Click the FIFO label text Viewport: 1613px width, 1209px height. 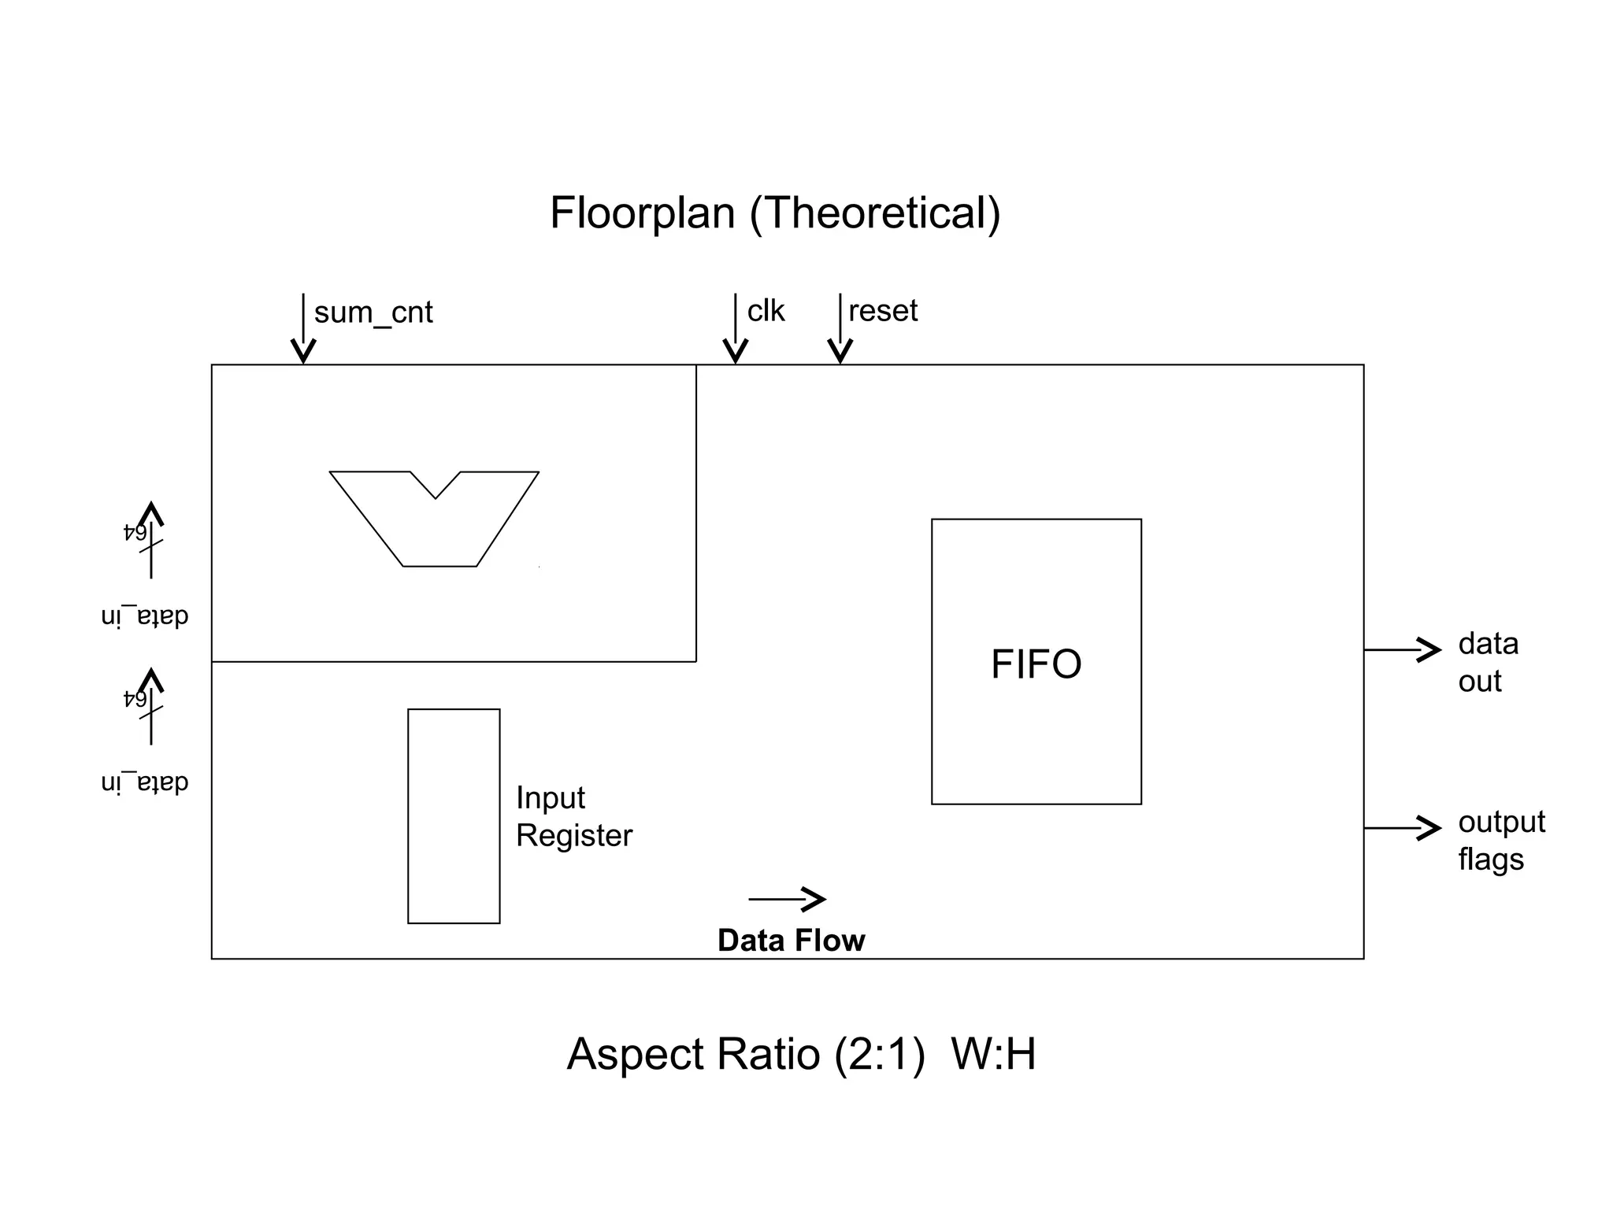point(1036,664)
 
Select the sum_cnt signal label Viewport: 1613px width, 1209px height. point(373,312)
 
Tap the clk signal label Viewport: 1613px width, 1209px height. point(766,311)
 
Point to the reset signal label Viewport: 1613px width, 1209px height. point(883,311)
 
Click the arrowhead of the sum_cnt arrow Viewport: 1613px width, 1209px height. point(303,351)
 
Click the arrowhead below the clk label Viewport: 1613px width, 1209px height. point(735,351)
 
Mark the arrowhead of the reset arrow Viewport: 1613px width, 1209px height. point(840,351)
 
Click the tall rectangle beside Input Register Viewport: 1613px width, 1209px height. point(454,815)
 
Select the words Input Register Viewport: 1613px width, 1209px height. point(573,816)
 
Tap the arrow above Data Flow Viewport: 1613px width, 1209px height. point(788,898)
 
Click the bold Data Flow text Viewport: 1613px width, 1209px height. point(791,941)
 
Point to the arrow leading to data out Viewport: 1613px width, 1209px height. point(1403,649)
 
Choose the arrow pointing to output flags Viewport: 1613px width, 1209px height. point(1403,828)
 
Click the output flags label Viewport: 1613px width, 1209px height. point(1500,840)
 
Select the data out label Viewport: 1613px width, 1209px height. point(1487,662)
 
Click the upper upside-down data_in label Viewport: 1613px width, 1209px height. point(145,616)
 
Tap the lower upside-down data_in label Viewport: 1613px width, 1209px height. point(145,783)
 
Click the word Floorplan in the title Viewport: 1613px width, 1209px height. point(642,213)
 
